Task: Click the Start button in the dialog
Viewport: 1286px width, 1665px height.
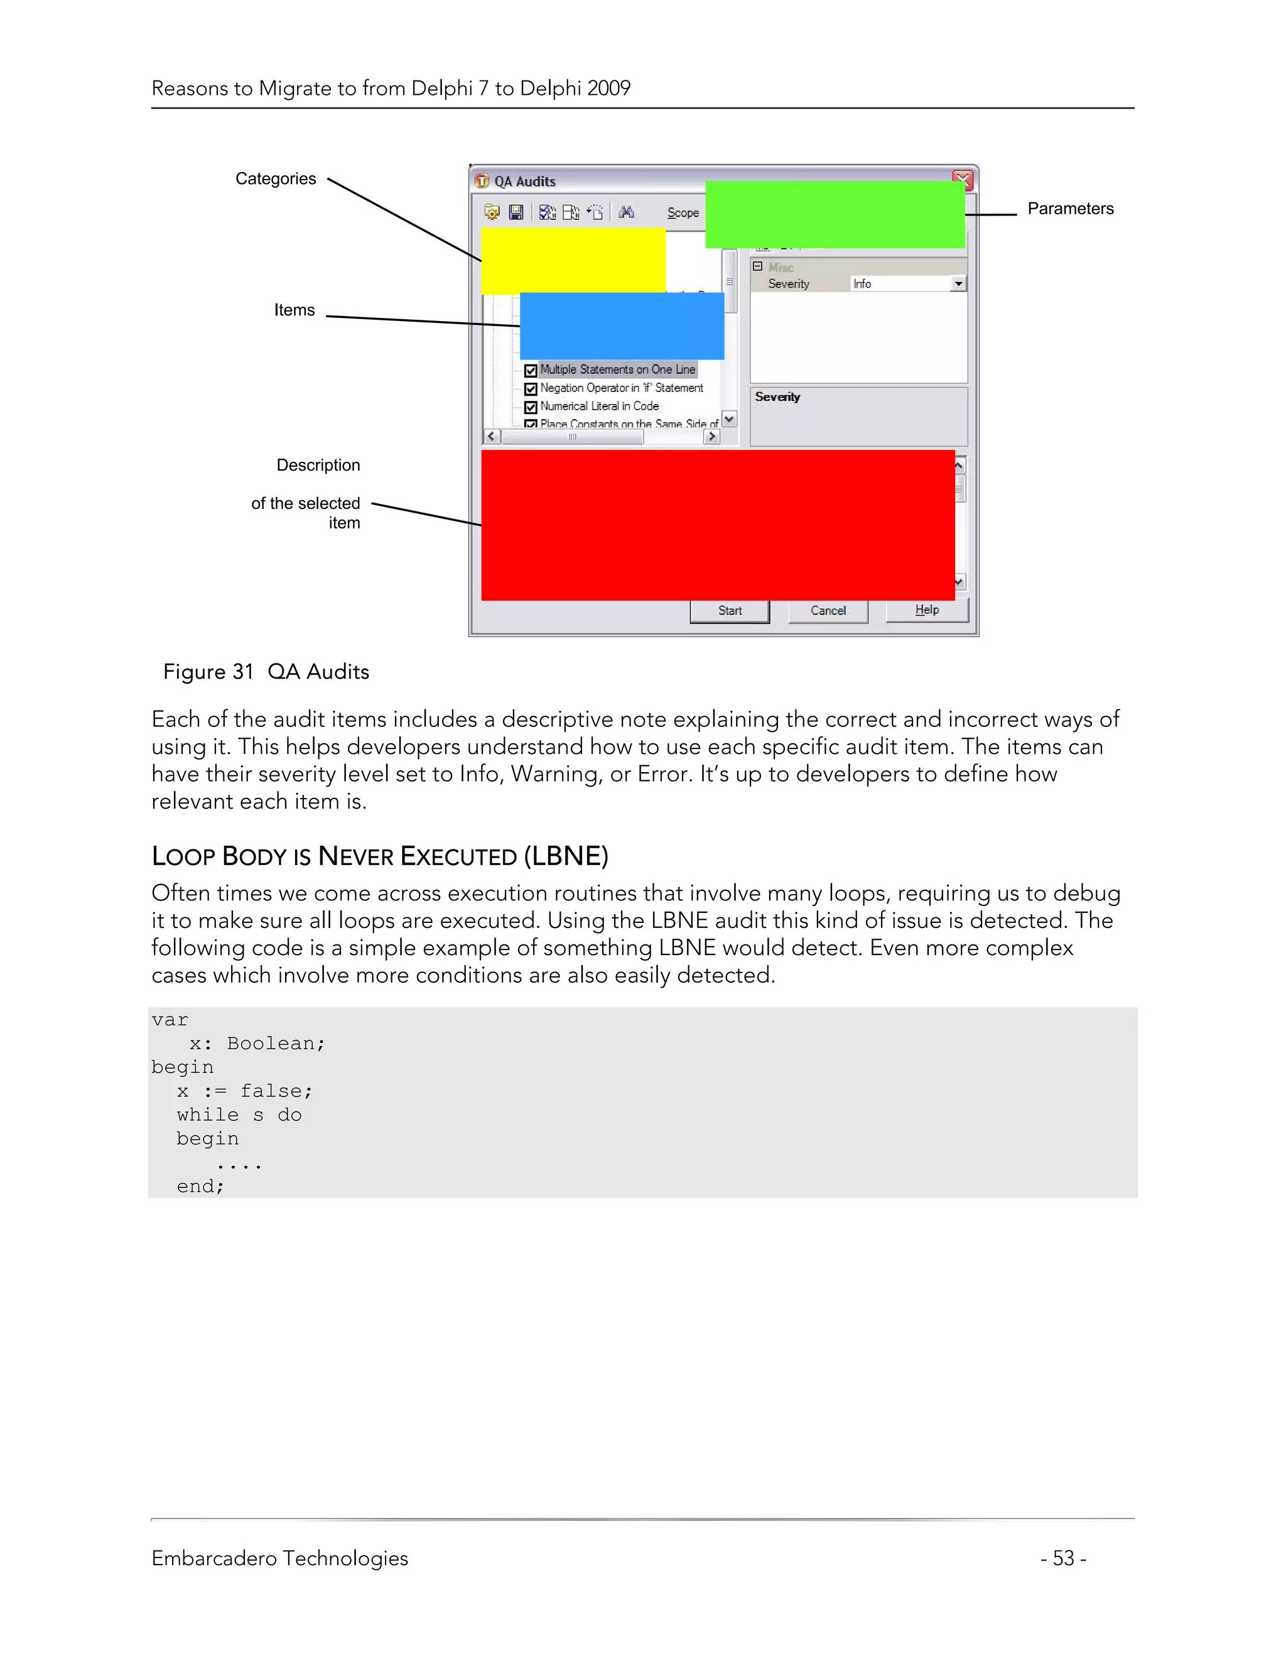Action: coord(729,611)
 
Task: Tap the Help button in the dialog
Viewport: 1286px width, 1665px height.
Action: coord(926,610)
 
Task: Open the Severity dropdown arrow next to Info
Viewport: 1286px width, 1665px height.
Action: coord(958,283)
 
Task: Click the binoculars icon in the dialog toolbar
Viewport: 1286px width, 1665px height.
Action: coord(626,212)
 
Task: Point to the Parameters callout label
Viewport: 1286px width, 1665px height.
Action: coord(1069,209)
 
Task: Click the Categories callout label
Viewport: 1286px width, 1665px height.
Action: coord(275,178)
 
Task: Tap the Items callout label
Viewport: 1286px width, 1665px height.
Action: coord(294,310)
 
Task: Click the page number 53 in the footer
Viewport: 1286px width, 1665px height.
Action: coord(1063,1558)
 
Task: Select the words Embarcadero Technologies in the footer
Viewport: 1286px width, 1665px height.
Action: coord(279,1558)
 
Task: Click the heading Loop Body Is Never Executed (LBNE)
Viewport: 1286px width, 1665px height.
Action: coord(379,856)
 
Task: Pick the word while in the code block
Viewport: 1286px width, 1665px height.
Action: coord(207,1115)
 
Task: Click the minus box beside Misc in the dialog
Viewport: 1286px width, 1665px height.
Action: coord(757,266)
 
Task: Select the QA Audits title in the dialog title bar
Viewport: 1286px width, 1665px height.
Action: coord(524,182)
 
